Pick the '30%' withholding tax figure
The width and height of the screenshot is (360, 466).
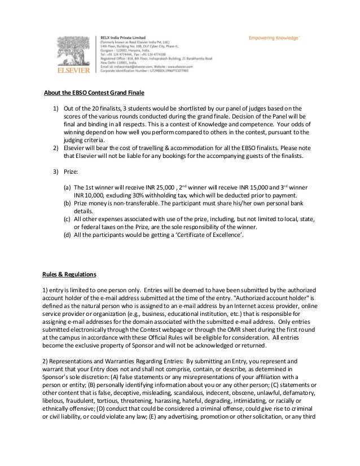(x=124, y=195)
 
